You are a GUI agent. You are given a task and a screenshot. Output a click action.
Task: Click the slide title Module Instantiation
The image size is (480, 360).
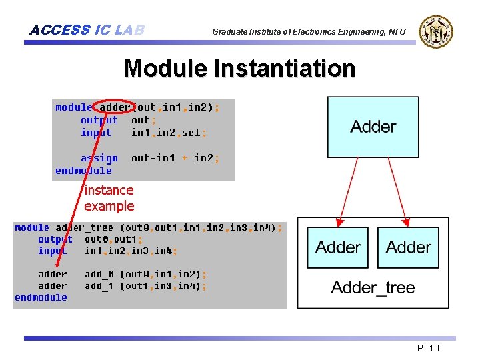[x=239, y=68]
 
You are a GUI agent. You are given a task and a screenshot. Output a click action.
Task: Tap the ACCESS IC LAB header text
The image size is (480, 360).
[x=87, y=30]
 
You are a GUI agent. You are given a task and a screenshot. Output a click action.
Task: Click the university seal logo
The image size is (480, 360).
[x=435, y=31]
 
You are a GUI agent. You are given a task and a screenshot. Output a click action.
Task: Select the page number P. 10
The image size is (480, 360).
[x=427, y=348]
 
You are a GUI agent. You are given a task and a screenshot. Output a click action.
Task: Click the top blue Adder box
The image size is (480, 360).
[x=373, y=127]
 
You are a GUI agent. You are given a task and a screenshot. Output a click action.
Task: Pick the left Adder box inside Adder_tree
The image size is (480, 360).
[x=338, y=247]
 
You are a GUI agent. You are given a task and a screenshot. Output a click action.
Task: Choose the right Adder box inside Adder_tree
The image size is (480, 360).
[x=408, y=247]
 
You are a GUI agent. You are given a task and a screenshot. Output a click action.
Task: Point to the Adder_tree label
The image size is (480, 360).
[x=373, y=287]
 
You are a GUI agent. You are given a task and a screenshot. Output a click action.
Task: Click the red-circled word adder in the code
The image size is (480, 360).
[x=115, y=107]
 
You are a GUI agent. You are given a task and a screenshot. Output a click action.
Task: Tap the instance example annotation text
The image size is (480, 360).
[x=109, y=198]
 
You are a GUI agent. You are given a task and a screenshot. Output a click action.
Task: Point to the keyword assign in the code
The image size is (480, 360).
[x=99, y=158]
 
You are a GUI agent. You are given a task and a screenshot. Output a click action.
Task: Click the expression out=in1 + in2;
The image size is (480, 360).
[x=175, y=158]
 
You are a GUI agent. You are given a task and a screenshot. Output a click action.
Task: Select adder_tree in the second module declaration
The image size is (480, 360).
[x=84, y=227]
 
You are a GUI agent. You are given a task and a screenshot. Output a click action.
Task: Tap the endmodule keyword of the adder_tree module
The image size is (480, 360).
[x=41, y=297]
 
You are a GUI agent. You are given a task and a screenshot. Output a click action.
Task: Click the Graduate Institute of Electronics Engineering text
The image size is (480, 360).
[x=308, y=31]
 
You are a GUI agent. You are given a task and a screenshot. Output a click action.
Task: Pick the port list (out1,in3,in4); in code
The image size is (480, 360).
[x=163, y=286]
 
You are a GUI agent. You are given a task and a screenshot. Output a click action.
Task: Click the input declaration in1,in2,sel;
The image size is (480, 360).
[x=169, y=133]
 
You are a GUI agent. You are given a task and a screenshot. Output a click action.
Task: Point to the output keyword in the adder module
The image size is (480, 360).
[x=99, y=120]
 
